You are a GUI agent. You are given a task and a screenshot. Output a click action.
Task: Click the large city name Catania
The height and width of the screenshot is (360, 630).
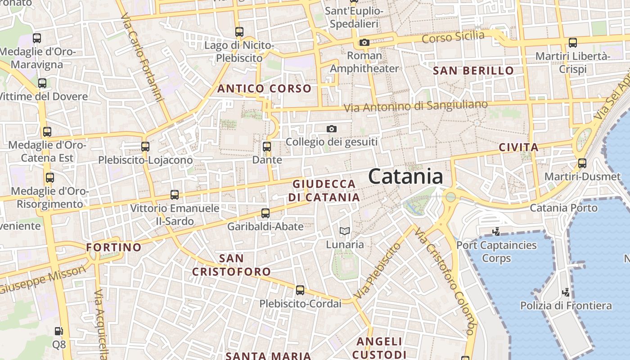click(405, 176)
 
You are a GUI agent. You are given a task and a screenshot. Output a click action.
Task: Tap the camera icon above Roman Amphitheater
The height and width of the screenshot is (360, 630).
click(364, 43)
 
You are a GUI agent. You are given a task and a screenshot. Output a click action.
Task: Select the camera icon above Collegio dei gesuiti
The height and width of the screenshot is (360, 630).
click(332, 129)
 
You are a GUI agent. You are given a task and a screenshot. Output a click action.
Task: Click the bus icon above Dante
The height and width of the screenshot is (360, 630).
click(267, 147)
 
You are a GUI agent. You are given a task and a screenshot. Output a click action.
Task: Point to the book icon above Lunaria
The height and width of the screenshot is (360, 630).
click(345, 231)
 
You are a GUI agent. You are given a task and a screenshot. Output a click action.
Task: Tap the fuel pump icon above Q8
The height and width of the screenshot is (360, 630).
click(59, 331)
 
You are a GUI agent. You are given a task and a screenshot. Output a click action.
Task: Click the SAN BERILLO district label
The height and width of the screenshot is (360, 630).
click(473, 71)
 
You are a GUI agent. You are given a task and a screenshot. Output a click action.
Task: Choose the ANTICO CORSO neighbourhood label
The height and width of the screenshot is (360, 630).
click(264, 89)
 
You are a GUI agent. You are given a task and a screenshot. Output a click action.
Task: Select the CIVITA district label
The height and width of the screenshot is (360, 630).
click(519, 147)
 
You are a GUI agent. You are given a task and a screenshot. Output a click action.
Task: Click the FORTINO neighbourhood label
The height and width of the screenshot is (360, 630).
click(114, 247)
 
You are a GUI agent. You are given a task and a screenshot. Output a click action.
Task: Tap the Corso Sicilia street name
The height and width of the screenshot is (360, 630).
click(453, 37)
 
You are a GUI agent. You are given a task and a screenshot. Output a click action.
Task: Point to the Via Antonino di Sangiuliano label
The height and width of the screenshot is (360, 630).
click(416, 107)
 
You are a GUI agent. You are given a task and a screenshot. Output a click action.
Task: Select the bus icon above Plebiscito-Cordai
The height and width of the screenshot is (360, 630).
click(300, 290)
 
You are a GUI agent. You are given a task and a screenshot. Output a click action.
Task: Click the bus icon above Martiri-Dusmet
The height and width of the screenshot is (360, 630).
click(582, 163)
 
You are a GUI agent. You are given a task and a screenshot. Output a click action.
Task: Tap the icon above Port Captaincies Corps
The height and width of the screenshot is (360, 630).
click(496, 232)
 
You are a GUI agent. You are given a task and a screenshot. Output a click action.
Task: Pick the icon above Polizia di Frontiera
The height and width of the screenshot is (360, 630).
click(566, 292)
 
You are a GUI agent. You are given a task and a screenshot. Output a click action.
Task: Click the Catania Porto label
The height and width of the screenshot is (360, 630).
click(563, 208)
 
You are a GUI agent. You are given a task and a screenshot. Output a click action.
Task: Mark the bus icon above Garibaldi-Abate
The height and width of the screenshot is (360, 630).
click(265, 213)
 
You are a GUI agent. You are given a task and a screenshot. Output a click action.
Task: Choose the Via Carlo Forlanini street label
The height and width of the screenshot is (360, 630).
click(141, 58)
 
